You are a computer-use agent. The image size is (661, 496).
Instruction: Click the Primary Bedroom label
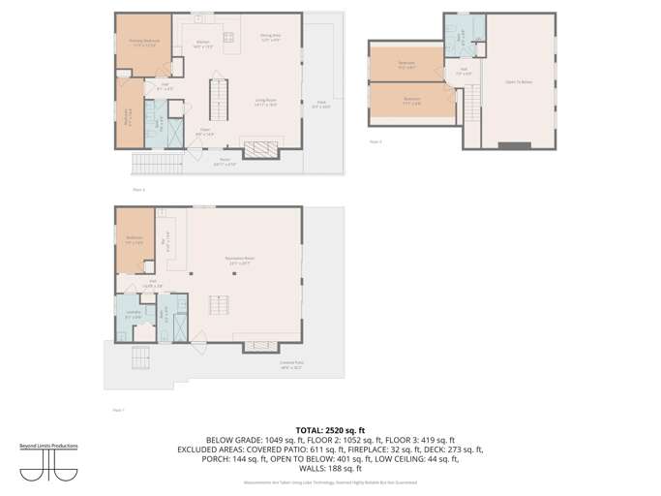[x=144, y=42]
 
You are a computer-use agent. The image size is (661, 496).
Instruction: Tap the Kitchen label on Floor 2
[x=204, y=44]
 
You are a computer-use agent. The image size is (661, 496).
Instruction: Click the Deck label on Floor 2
[x=320, y=104]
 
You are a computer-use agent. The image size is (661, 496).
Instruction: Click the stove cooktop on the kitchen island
[x=229, y=39]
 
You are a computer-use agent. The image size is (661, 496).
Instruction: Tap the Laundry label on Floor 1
[x=134, y=314]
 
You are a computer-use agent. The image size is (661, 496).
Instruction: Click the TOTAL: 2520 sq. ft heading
[x=330, y=428]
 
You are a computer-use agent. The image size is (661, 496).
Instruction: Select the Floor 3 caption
[x=376, y=141]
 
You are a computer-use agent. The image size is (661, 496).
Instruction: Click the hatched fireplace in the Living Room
[x=258, y=148]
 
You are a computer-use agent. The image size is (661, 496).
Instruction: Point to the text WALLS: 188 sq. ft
[x=330, y=467]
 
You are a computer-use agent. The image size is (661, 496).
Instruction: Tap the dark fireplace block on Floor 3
[x=516, y=145]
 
